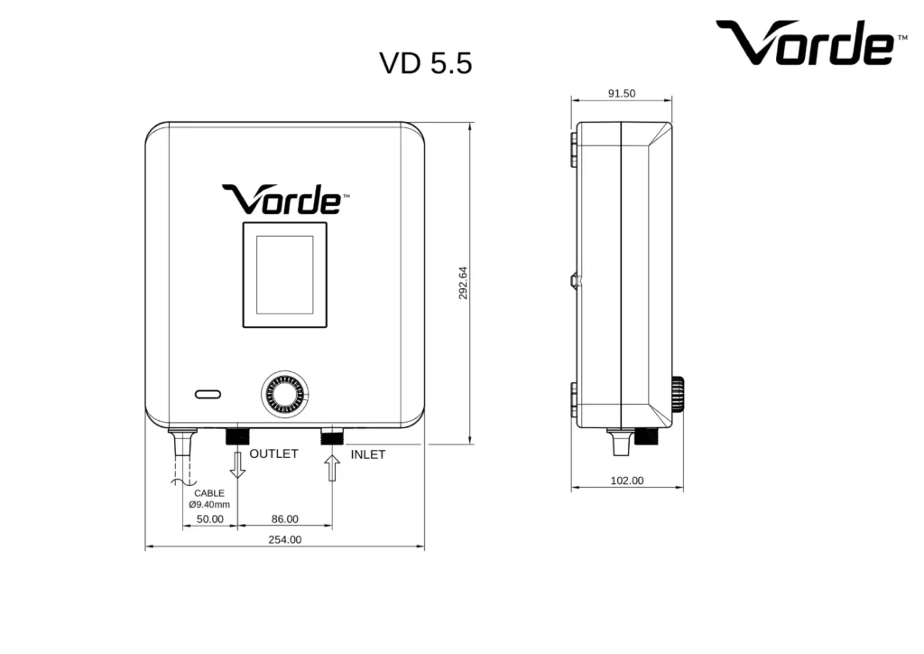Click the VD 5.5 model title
point(426,63)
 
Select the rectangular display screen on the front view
point(285,275)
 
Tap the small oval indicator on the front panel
point(208,394)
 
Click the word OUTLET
point(273,453)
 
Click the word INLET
point(368,454)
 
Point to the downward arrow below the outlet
point(237,464)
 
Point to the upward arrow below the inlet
point(332,468)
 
